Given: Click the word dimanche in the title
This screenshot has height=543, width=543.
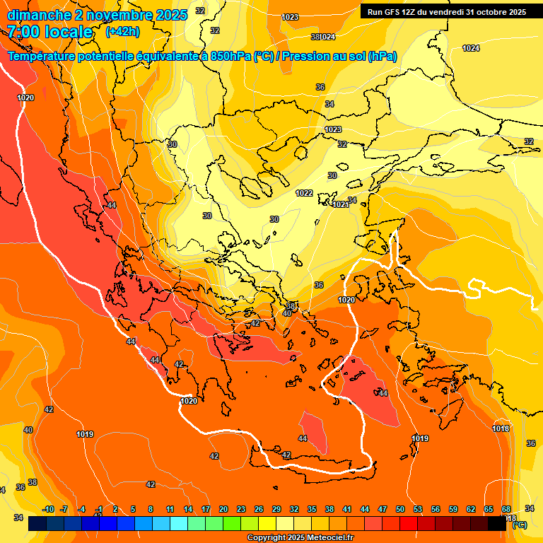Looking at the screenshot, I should [35, 15].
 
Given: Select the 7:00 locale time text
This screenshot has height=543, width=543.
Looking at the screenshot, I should [50, 32].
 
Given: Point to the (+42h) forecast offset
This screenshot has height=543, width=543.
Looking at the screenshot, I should [122, 32].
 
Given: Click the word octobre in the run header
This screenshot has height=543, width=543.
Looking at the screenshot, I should [495, 12].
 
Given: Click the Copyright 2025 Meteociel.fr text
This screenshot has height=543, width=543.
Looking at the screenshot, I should [300, 538].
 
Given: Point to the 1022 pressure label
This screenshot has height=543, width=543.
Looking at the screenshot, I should [304, 193].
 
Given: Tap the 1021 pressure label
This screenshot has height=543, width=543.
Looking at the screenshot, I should [339, 204].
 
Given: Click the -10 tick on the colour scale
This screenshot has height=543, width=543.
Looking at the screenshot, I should [48, 509].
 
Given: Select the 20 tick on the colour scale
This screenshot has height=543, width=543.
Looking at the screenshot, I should [223, 509].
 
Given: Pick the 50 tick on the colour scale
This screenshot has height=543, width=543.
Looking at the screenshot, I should [400, 509].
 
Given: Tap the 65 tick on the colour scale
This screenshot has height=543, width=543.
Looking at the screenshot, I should [489, 509].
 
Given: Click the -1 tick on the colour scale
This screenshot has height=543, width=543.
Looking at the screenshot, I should [100, 509].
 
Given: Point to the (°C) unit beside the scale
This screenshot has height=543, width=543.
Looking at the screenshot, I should [519, 525].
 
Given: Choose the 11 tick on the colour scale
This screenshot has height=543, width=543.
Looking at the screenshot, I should [170, 509].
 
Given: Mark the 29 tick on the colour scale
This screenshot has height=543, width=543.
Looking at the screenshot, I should [276, 509].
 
